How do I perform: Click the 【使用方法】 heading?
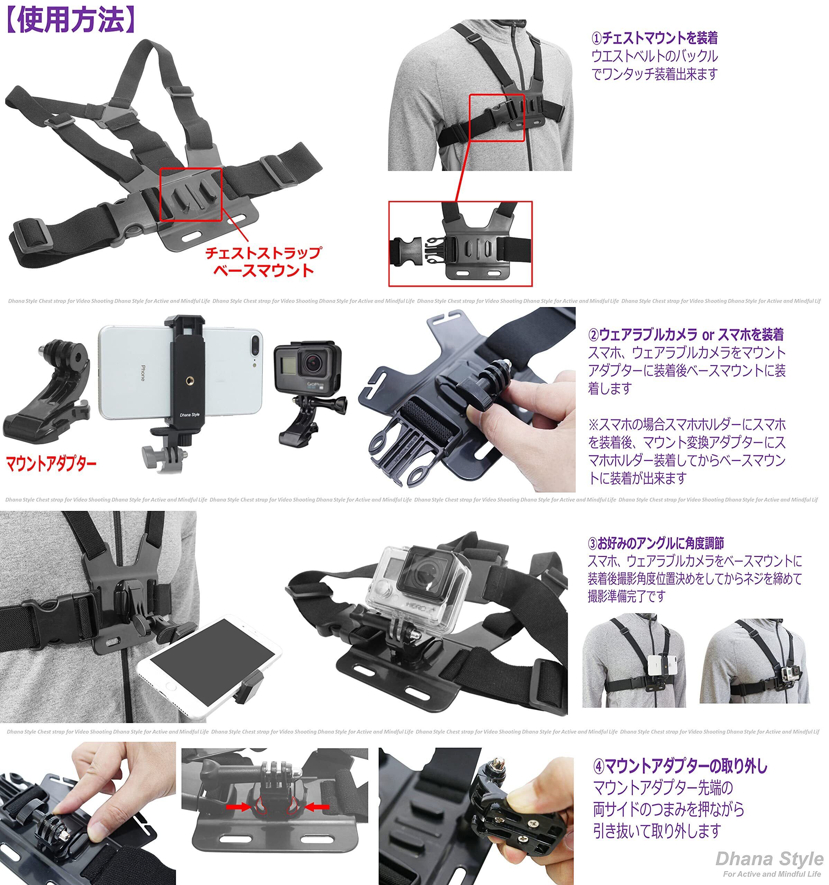coord(70,20)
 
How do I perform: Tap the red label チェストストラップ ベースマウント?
coord(263,262)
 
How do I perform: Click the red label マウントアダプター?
coord(51,464)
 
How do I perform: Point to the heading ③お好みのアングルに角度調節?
coord(656,543)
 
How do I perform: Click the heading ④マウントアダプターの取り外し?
coord(681,766)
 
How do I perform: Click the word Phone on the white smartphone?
coord(143,373)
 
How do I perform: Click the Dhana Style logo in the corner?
coord(769,859)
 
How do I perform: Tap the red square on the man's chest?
coord(497,118)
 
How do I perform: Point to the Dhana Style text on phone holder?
coord(189,415)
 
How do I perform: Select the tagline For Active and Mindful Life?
coord(772,874)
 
